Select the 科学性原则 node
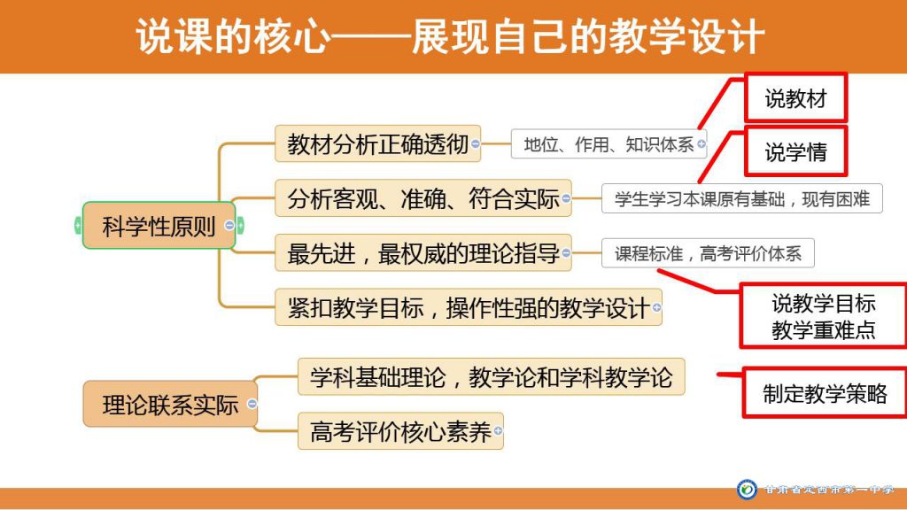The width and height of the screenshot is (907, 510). tap(159, 226)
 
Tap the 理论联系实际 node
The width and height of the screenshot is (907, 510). tap(170, 404)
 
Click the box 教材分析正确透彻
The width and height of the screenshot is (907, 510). tap(377, 143)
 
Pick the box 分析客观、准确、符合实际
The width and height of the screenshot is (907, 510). tap(422, 198)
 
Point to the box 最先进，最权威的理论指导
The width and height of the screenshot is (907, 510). tap(422, 252)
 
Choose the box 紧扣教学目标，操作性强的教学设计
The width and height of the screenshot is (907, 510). tap(468, 307)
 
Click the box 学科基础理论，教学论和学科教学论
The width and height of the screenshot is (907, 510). tap(491, 377)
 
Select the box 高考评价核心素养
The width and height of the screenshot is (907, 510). tap(400, 431)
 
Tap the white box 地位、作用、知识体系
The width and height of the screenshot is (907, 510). tap(609, 144)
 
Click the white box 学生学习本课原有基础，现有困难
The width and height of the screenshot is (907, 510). tap(742, 198)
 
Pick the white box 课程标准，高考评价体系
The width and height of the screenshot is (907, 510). tap(708, 252)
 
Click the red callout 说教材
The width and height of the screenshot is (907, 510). tap(796, 97)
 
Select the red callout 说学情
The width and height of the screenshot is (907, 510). tap(796, 151)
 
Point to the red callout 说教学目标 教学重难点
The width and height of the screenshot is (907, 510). tap(823, 316)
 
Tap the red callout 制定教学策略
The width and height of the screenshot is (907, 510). tap(825, 393)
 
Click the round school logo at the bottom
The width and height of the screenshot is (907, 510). tap(747, 489)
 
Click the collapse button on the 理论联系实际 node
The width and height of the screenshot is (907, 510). tap(252, 404)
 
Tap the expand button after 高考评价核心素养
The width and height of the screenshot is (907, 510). tap(498, 430)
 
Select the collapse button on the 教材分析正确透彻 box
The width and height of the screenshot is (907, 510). tap(476, 143)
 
